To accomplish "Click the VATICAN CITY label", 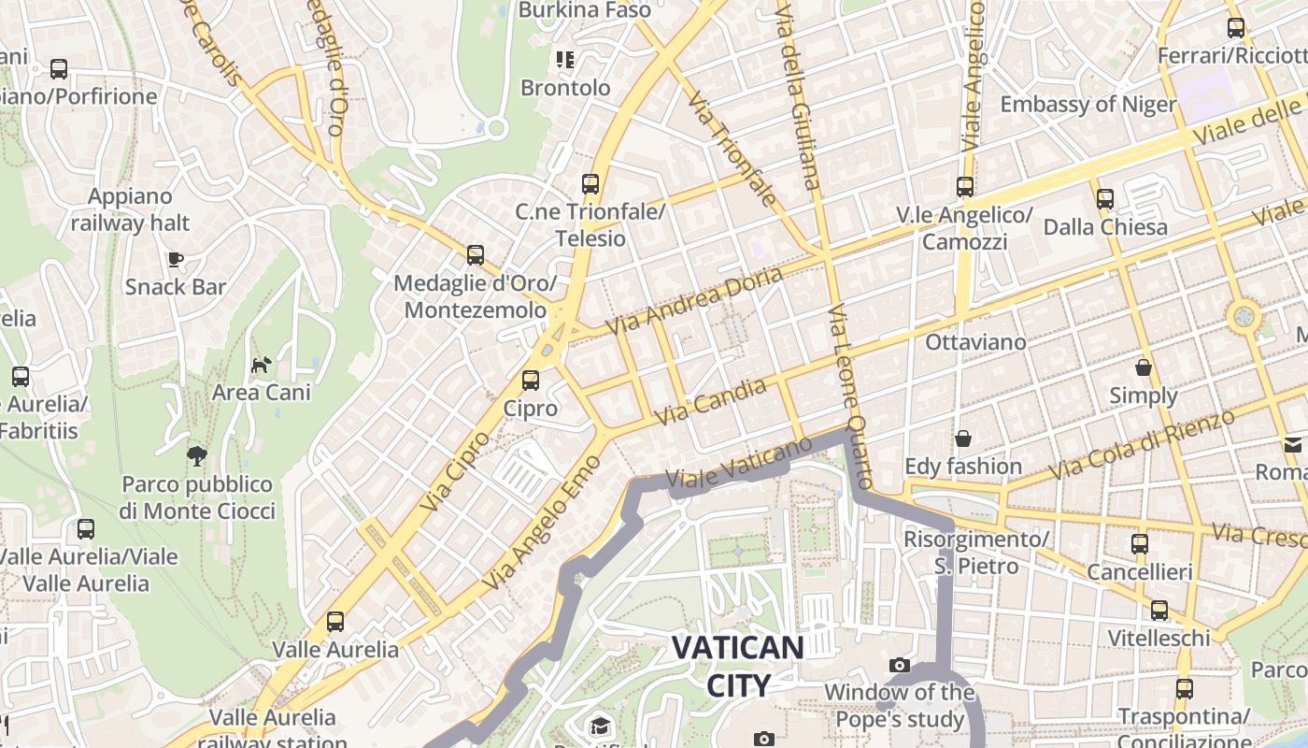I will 738,666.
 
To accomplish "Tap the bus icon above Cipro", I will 531,380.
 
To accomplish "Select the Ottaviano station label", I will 975,342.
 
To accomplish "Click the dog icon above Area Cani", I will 261,364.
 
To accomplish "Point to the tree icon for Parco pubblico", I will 197,456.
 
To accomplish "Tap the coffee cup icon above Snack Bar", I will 175,259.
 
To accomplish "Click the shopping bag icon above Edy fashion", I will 962,439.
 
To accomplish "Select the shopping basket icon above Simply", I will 1143,367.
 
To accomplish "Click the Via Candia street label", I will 711,402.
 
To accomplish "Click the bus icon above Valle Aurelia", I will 334,621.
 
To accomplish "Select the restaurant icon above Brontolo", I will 564,60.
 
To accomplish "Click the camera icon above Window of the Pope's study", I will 900,666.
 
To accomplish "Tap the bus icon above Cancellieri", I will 1139,543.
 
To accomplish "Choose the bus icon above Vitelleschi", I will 1159,610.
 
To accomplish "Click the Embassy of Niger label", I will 1088,104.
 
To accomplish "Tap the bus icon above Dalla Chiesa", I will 1105,198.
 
